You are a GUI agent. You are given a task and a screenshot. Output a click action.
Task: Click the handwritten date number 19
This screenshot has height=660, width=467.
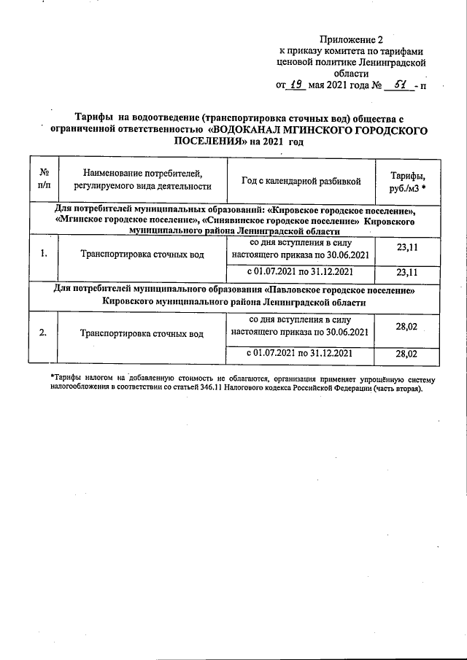(x=296, y=85)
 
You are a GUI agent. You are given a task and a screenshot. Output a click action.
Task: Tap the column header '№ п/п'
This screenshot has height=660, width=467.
(x=44, y=179)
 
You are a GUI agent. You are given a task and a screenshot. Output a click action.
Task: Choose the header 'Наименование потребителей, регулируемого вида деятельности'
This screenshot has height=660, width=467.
(x=142, y=179)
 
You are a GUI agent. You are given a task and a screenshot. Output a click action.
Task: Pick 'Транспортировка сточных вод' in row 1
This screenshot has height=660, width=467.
(x=142, y=255)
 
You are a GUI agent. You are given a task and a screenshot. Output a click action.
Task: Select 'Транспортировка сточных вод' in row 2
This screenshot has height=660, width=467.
(x=142, y=334)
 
